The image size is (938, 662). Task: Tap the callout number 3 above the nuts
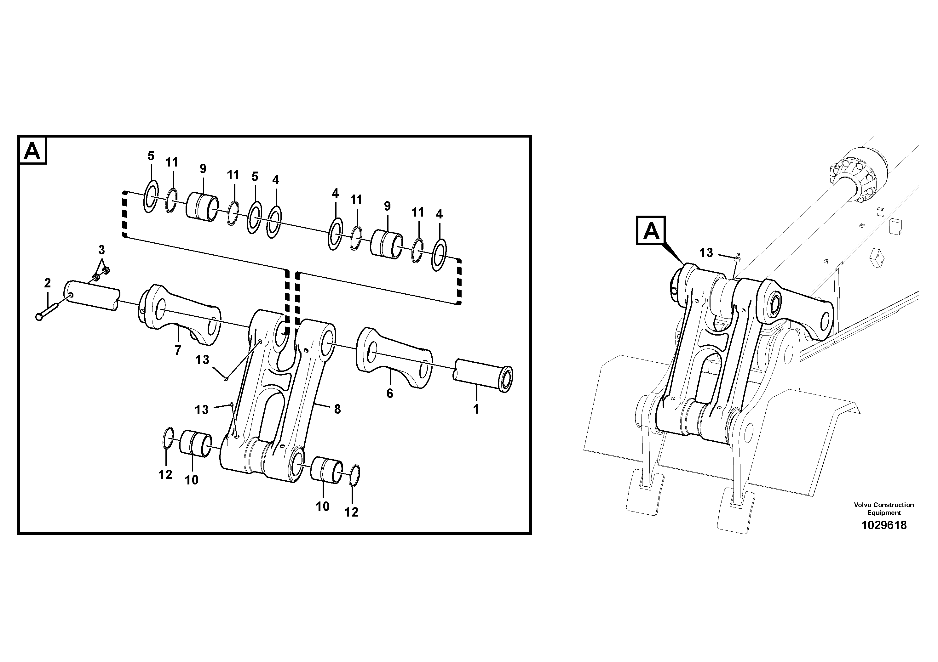click(101, 249)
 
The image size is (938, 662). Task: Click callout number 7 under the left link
click(178, 350)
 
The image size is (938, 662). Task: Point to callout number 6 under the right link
click(389, 393)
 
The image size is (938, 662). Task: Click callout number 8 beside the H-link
click(337, 409)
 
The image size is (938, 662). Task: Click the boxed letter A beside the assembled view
click(651, 232)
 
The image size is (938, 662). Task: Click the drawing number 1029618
click(884, 525)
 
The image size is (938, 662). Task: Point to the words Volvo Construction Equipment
click(884, 509)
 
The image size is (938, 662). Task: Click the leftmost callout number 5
click(151, 156)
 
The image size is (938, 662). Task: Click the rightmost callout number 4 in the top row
click(439, 214)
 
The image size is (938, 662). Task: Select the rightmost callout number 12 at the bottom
click(351, 512)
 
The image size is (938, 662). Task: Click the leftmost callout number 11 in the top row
click(172, 162)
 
